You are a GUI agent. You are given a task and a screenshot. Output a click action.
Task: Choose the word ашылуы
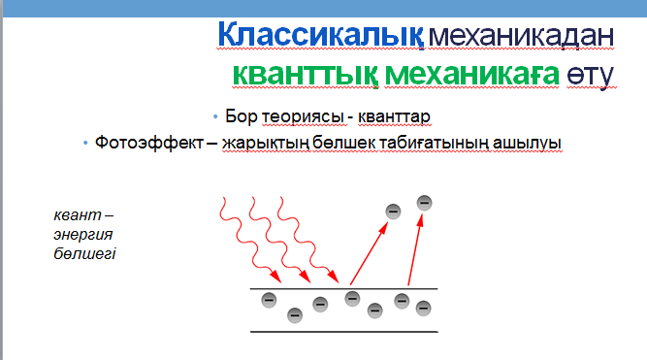[x=526, y=143]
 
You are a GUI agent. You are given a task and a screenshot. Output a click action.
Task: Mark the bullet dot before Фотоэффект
[x=85, y=143]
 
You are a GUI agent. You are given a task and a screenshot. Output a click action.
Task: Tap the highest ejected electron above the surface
[x=424, y=202]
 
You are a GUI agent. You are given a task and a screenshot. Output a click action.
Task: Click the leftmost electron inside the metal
[x=269, y=299]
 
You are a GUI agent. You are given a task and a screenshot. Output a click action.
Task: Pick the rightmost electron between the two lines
[x=423, y=308]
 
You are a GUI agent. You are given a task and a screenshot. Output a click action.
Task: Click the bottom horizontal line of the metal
[x=344, y=332]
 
